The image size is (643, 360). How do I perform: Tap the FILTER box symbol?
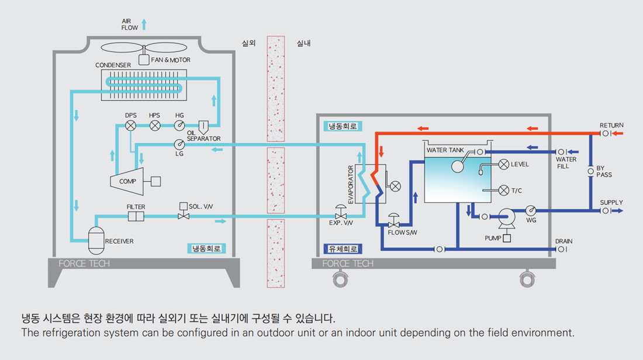[136, 217]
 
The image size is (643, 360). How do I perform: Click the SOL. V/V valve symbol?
[184, 216]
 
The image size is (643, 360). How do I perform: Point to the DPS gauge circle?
[131, 126]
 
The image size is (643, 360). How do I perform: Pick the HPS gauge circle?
[155, 126]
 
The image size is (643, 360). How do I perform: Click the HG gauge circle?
[179, 126]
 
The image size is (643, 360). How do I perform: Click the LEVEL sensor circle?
[503, 164]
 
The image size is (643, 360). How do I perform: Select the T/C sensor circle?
[503, 190]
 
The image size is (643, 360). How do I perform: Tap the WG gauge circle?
[531, 210]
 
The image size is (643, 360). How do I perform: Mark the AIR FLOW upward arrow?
[144, 24]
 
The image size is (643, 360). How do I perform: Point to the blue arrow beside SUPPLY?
[618, 210]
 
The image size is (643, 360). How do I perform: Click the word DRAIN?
[564, 241]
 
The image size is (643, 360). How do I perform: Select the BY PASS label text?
[604, 171]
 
